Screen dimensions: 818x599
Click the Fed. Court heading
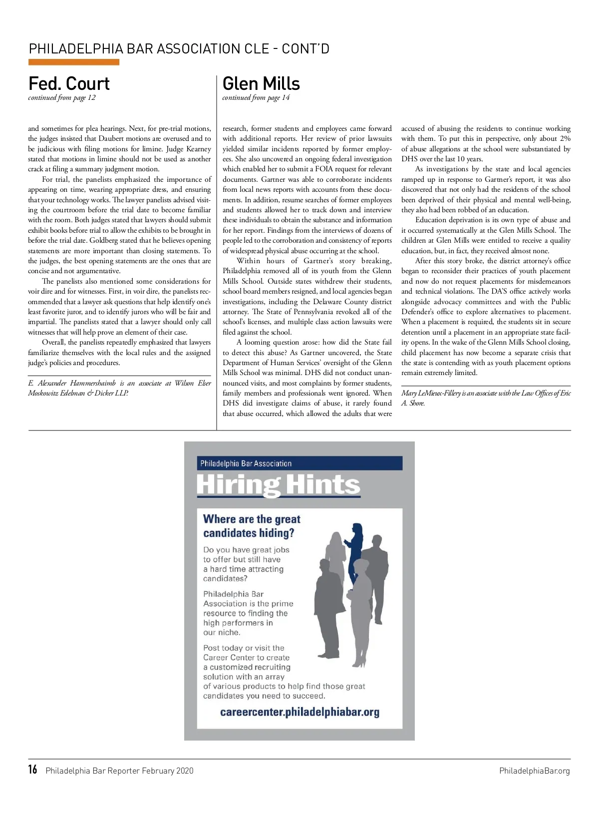click(x=69, y=84)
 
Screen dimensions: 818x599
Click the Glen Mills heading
click(x=261, y=84)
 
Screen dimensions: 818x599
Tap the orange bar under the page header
click(x=74, y=62)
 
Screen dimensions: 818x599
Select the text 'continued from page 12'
click(x=62, y=98)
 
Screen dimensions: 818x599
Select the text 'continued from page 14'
click(x=256, y=98)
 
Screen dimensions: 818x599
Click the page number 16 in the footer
click(x=33, y=770)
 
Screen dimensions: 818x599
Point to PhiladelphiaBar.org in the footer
click(x=534, y=771)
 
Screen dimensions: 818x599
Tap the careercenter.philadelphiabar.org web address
click(x=299, y=712)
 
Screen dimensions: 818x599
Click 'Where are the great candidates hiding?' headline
click(x=252, y=526)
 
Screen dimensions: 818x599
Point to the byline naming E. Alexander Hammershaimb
click(x=119, y=388)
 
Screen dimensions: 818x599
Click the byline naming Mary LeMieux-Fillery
click(x=486, y=398)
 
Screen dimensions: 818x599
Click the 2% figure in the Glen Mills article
click(x=565, y=139)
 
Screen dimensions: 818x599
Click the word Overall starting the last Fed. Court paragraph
click(x=54, y=343)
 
